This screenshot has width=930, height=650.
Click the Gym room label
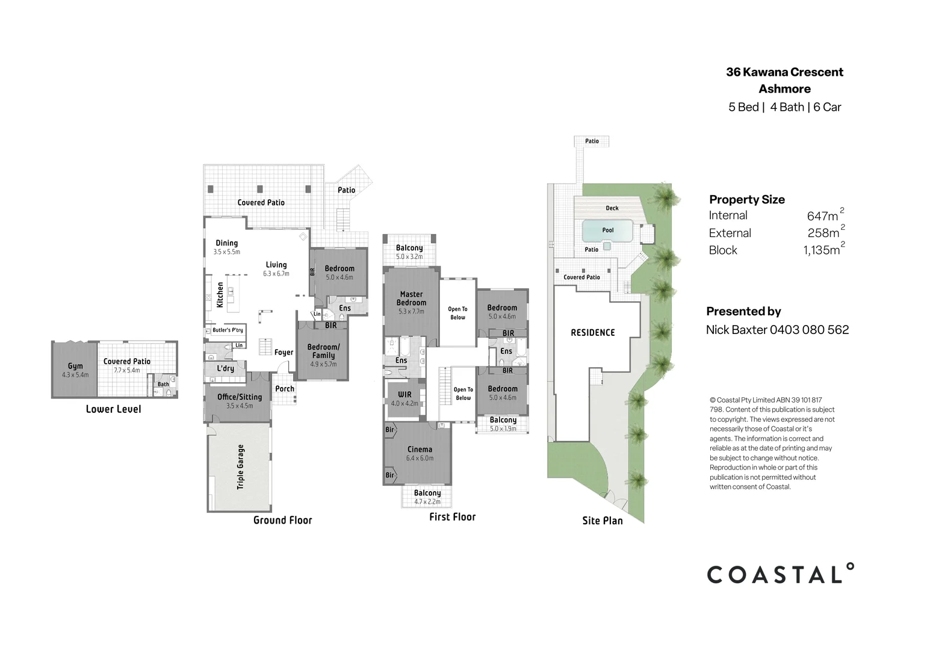click(75, 366)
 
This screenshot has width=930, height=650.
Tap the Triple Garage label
click(241, 466)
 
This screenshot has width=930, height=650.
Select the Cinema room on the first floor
click(420, 450)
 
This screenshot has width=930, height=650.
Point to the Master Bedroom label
click(412, 299)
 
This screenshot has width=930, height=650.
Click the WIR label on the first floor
click(405, 395)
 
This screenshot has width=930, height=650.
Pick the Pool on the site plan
click(608, 230)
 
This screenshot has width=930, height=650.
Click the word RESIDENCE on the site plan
click(593, 332)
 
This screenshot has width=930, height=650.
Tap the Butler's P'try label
click(228, 330)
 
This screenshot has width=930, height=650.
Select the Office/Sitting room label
click(240, 397)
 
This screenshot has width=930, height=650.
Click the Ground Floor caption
click(282, 520)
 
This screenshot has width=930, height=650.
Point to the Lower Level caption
click(113, 409)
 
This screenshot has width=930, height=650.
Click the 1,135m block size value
click(822, 250)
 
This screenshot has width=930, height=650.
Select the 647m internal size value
click(823, 215)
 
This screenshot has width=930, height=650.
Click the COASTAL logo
click(780, 574)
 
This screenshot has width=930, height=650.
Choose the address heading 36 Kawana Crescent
click(784, 72)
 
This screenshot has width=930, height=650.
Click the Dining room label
click(227, 243)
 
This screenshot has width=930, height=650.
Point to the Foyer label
click(284, 353)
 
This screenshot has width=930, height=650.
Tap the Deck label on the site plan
click(612, 208)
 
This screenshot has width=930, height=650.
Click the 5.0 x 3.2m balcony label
click(409, 256)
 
